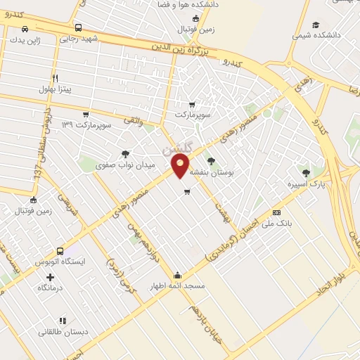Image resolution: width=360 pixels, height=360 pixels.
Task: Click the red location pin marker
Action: [x=180, y=166]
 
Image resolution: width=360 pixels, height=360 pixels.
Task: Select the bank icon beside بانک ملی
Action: [x=277, y=212]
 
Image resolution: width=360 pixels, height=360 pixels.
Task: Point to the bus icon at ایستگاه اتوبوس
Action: [x=60, y=250]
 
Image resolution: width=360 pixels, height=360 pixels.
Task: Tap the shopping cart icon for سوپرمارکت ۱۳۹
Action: [x=86, y=113]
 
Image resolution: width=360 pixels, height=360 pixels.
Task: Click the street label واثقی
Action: [x=134, y=122]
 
